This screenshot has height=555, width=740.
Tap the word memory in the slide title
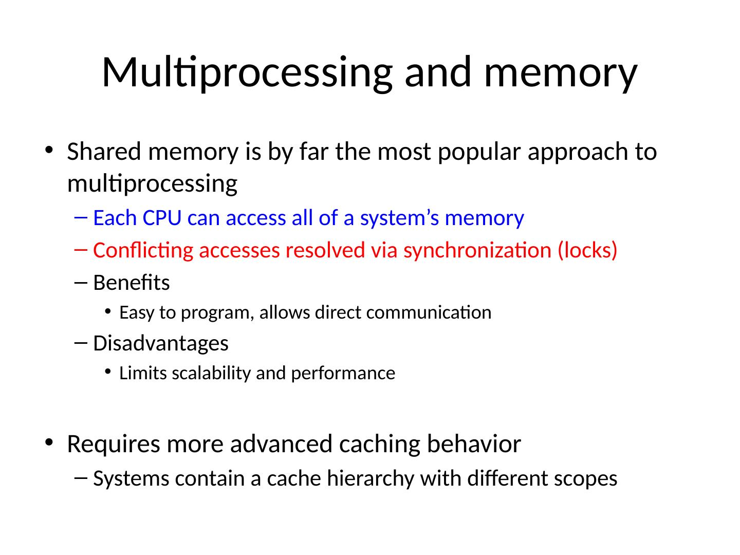(560, 72)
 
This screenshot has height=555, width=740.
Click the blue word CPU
(162, 218)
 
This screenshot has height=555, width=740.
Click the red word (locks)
(587, 251)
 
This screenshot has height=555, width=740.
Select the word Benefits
(132, 283)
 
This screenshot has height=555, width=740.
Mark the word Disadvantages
(161, 343)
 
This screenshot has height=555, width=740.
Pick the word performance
(343, 373)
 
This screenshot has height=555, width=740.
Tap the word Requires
(113, 444)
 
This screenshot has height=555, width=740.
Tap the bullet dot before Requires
(49, 443)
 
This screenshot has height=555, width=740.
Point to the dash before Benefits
(81, 282)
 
